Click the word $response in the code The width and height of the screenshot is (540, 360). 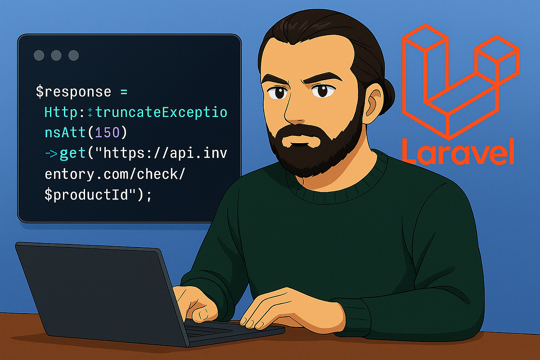click(x=73, y=92)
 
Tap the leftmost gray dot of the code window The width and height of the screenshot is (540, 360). click(x=40, y=55)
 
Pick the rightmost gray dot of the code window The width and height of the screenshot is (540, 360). click(x=73, y=55)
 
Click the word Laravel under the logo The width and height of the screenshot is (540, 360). click(x=458, y=151)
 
